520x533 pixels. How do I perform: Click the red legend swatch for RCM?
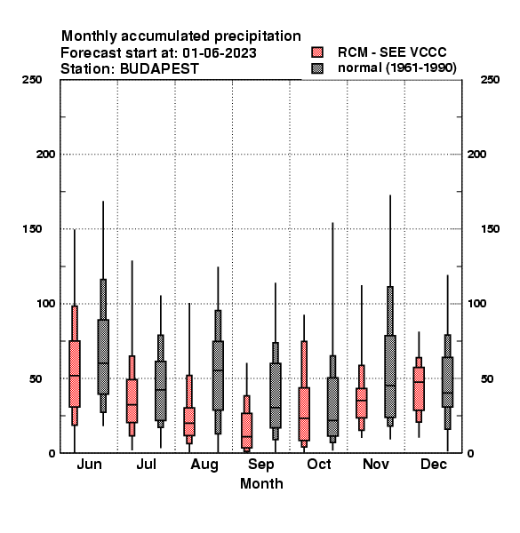317,52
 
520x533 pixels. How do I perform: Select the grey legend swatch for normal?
317,68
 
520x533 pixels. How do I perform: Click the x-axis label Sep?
260,465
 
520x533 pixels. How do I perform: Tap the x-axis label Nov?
375,464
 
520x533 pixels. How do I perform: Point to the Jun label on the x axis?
89,464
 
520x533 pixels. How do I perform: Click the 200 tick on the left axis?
45,155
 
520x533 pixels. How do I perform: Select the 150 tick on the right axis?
490,229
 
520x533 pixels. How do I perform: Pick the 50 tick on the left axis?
35,378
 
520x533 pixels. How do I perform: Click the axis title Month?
261,483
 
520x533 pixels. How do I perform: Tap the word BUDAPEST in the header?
159,69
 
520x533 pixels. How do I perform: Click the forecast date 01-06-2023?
220,53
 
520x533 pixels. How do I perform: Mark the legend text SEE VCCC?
412,52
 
